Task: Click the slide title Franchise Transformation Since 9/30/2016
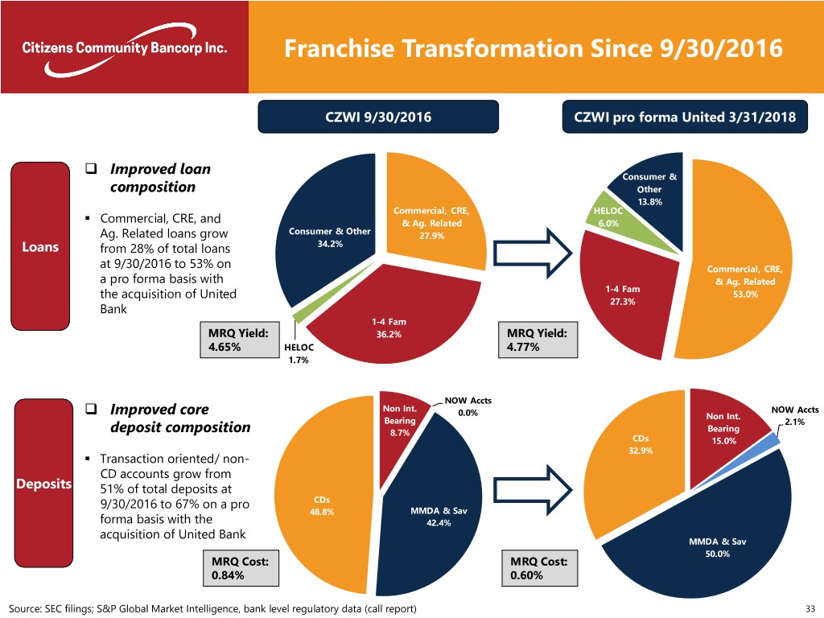pyautogui.click(x=533, y=49)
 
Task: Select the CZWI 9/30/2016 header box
pyautogui.click(x=377, y=117)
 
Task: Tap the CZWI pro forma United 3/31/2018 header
pyautogui.click(x=684, y=117)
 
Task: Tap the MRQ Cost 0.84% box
pyautogui.click(x=237, y=567)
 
